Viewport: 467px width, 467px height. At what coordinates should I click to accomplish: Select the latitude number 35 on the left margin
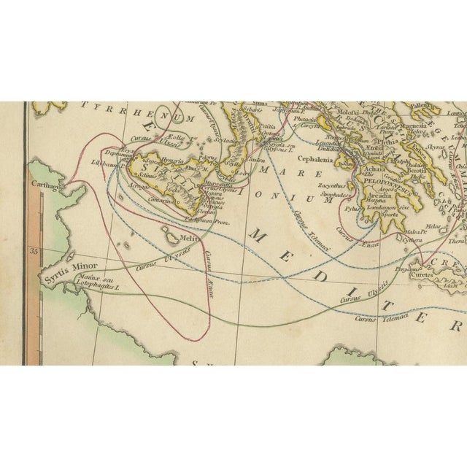[31, 250]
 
